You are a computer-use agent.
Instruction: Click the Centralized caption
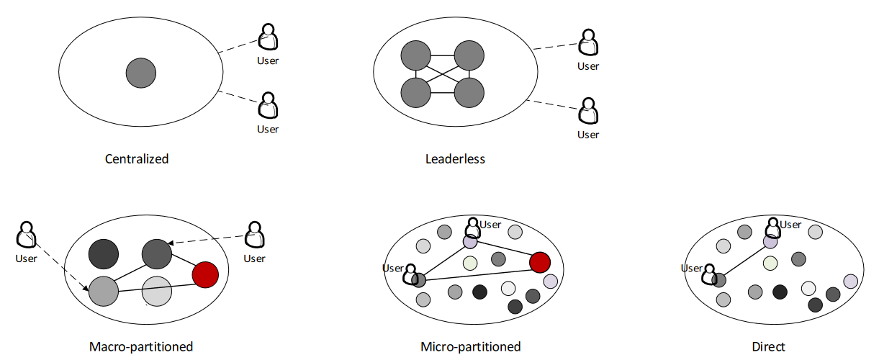137,158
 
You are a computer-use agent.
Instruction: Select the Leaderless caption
455,158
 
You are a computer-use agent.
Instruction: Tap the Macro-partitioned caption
141,346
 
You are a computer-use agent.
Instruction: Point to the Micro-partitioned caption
470,346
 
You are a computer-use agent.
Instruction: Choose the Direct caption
768,346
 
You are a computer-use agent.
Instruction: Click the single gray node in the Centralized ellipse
141,73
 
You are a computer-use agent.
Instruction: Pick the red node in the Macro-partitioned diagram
205,275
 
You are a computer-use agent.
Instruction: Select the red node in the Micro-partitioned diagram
540,262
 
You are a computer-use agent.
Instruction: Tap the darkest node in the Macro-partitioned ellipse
104,254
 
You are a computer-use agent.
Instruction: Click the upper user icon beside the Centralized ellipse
268,37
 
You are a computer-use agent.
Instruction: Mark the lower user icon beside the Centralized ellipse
268,105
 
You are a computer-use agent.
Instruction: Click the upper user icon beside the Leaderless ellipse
588,42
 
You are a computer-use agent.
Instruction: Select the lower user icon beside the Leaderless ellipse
588,111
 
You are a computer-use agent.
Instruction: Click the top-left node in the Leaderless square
415,55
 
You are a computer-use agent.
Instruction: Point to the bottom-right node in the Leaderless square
469,93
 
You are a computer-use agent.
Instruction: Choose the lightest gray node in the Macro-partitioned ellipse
157,291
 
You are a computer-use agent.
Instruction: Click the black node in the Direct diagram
780,292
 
